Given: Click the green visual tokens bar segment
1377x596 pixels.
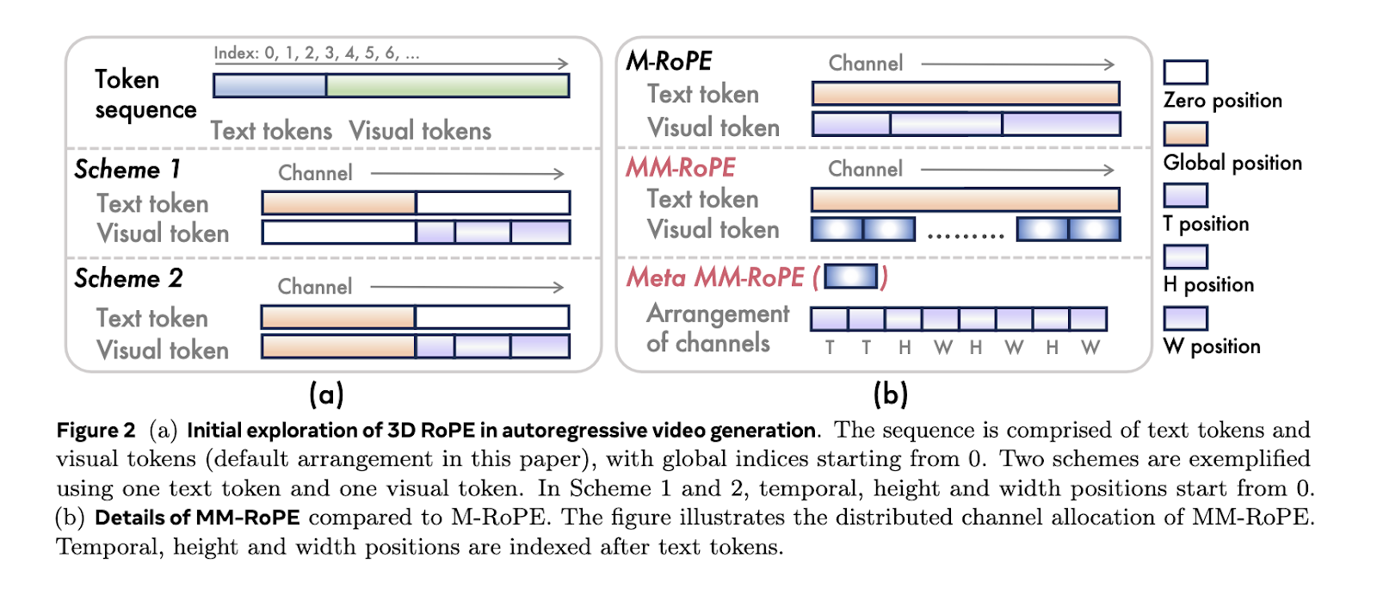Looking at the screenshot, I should pyautogui.click(x=448, y=85).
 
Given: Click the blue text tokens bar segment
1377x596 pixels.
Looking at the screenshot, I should pyautogui.click(x=269, y=85).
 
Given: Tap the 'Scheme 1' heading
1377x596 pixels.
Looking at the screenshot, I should pyautogui.click(x=127, y=169).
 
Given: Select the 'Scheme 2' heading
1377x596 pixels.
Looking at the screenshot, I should pyautogui.click(x=128, y=278).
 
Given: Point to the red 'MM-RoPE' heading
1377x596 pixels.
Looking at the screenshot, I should pyautogui.click(x=680, y=167).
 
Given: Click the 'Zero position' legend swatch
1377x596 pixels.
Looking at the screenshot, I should pyautogui.click(x=1185, y=72).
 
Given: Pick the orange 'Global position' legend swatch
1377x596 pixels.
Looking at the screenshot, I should pyautogui.click(x=1185, y=133).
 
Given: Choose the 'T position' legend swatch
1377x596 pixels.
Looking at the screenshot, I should pyautogui.click(x=1185, y=195).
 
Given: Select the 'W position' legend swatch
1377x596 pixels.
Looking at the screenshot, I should pyautogui.click(x=1185, y=318).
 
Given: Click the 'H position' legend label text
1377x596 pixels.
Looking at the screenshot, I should pyautogui.click(x=1208, y=285).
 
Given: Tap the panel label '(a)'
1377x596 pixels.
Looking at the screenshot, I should pyautogui.click(x=326, y=394).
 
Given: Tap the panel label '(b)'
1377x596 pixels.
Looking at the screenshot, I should pyautogui.click(x=890, y=394).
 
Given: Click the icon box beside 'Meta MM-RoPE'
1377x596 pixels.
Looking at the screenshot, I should pyautogui.click(x=850, y=276).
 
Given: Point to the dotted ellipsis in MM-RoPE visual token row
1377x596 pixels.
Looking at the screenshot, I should pyautogui.click(x=966, y=233).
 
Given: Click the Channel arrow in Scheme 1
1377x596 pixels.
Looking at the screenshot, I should pyautogui.click(x=467, y=173).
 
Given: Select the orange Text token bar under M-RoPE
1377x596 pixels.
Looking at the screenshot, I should pyautogui.click(x=966, y=93).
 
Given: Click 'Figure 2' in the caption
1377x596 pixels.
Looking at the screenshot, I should pyautogui.click(x=96, y=430).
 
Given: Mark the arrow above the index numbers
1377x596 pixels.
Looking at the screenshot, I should pyautogui.click(x=392, y=64).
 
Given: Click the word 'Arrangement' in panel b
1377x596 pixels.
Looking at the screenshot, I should pyautogui.click(x=718, y=314).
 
